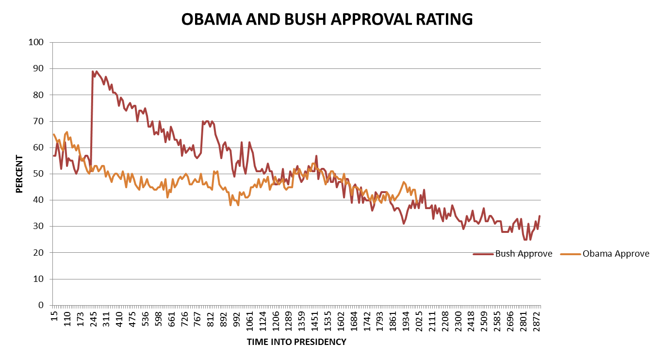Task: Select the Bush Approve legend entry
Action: (x=524, y=254)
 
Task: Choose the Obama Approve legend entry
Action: (x=615, y=254)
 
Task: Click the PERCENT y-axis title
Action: (x=19, y=174)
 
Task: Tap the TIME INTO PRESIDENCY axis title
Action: (x=296, y=342)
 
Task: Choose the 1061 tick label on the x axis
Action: (x=250, y=321)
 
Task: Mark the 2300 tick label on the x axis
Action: (x=459, y=321)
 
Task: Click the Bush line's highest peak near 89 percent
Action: (x=93, y=71)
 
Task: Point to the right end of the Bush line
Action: (x=540, y=216)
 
